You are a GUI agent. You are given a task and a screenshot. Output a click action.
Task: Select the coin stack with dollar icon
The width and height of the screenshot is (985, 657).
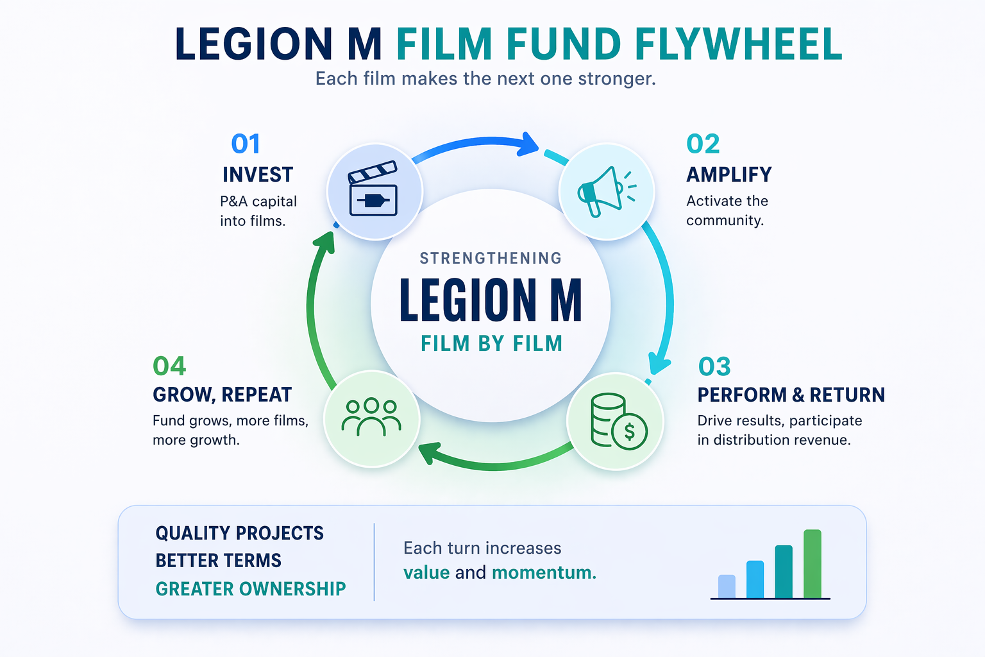[x=617, y=421]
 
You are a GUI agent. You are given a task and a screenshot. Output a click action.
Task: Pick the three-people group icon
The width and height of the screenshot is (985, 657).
[x=371, y=418]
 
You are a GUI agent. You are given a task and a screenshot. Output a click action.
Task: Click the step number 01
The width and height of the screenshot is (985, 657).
[x=246, y=144]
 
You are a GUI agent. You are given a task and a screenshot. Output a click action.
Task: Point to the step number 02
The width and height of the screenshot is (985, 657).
[x=703, y=144]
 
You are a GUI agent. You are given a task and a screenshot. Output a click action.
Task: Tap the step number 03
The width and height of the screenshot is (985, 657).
[x=714, y=367]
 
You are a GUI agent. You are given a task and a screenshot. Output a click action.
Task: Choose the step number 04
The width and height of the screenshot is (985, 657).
[x=169, y=366]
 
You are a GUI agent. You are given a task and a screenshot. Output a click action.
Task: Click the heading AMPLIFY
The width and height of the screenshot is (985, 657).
[x=729, y=175]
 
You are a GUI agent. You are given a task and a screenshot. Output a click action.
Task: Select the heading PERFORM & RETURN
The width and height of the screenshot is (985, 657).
[x=791, y=395]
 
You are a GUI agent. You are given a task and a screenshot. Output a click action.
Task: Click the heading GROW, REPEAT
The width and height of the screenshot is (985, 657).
[x=222, y=395]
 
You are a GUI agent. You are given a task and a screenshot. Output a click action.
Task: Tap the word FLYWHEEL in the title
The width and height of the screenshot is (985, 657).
[x=738, y=45]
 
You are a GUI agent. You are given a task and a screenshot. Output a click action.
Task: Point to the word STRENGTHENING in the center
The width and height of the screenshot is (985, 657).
[x=491, y=259]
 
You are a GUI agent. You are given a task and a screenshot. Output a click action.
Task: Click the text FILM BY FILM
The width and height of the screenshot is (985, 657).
[x=491, y=344]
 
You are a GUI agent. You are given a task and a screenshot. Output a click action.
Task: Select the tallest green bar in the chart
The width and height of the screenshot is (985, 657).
[x=812, y=563]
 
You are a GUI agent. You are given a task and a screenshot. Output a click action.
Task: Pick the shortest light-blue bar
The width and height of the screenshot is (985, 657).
[x=727, y=586]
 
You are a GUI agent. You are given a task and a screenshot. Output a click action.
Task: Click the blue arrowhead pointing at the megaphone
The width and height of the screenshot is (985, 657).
[x=529, y=144]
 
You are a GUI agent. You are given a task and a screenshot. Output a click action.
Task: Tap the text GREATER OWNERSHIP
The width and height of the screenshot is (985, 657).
[x=251, y=588]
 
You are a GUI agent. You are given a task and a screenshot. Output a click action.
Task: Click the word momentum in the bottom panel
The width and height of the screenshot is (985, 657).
[x=544, y=572]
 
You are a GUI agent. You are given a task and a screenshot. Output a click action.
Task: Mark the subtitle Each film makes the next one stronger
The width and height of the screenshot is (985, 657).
[x=485, y=79]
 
